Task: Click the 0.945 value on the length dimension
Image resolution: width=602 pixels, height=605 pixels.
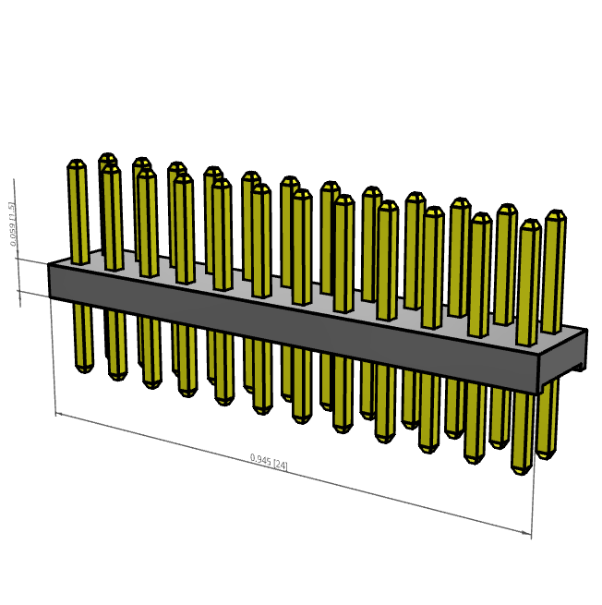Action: tap(260, 459)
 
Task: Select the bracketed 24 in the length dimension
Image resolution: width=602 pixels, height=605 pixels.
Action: tap(280, 465)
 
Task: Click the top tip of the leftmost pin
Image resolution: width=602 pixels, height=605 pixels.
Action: tap(76, 163)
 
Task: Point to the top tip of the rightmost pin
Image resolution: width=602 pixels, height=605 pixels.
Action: tap(555, 213)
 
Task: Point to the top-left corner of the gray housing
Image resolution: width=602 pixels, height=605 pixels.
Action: tap(49, 262)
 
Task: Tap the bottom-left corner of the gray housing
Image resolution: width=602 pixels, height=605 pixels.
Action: tap(49, 297)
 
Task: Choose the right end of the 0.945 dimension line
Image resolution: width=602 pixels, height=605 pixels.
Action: tap(532, 534)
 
